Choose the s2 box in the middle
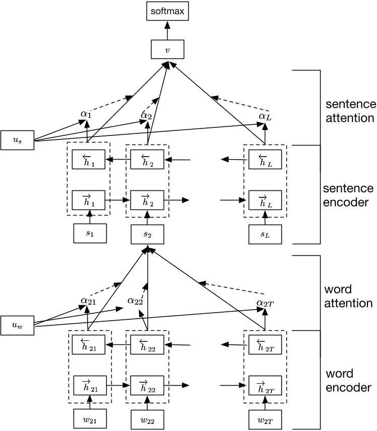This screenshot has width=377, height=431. click(147, 235)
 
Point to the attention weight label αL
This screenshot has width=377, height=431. click(265, 116)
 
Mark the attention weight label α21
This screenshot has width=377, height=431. click(89, 301)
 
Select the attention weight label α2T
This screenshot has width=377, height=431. click(265, 302)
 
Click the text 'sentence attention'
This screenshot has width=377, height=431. click(350, 111)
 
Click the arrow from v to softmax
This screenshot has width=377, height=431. click(167, 30)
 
